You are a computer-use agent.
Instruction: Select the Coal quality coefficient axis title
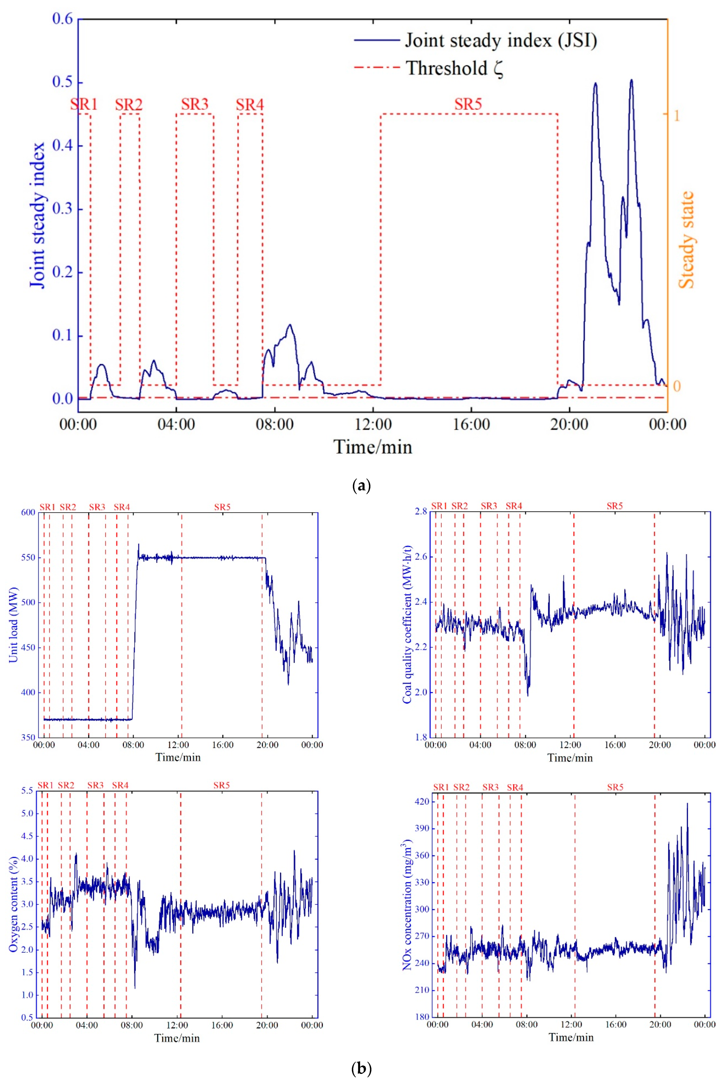pos(407,624)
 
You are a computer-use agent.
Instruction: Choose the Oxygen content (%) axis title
pos(13,904)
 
